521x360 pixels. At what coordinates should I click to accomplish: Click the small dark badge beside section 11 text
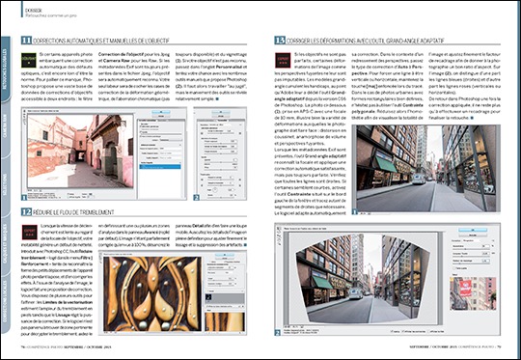tap(25, 64)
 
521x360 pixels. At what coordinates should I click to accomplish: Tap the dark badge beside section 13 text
tap(269, 64)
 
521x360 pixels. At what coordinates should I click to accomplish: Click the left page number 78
tap(20, 353)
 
